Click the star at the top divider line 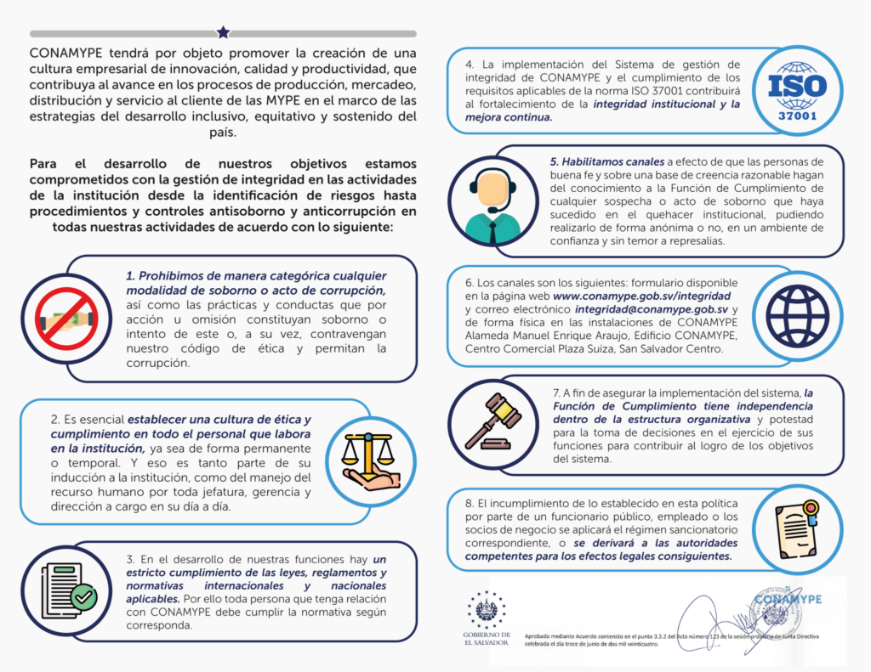click(223, 32)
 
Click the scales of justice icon click(368, 463)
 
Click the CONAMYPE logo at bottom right click(786, 598)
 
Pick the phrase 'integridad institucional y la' click(656, 104)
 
